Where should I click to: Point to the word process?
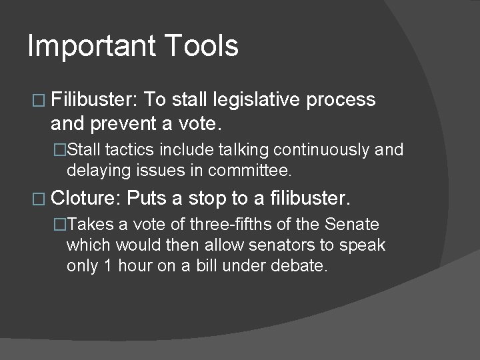pos(341,101)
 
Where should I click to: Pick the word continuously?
pos(321,149)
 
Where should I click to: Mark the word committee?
pos(250,171)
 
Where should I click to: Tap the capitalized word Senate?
pos(352,223)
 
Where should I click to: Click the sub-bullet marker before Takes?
pos(61,224)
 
